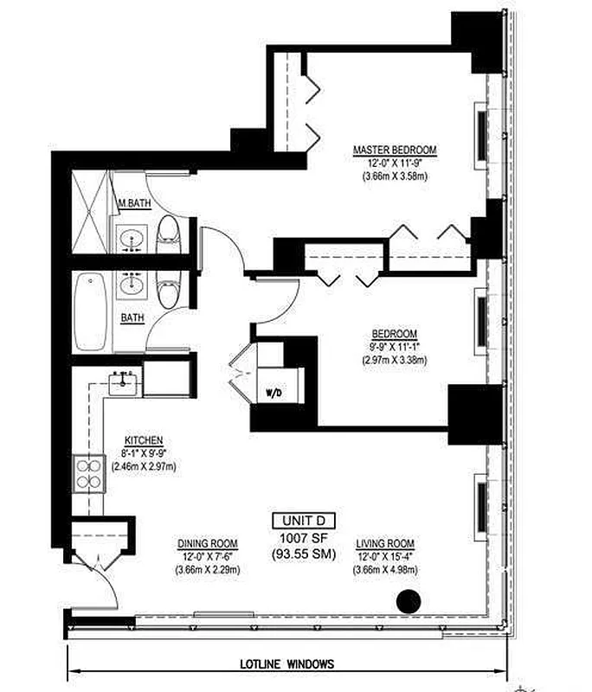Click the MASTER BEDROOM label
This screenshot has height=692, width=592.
pyautogui.click(x=395, y=151)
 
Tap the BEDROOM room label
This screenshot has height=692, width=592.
pyautogui.click(x=395, y=334)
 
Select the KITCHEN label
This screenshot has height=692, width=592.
pyautogui.click(x=144, y=439)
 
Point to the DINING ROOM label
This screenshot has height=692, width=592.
pyautogui.click(x=202, y=544)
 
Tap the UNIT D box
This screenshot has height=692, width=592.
pyautogui.click(x=303, y=521)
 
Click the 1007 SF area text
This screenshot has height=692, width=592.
pyautogui.click(x=303, y=537)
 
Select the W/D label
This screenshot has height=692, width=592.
pyautogui.click(x=273, y=394)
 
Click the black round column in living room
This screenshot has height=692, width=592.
pyautogui.click(x=408, y=600)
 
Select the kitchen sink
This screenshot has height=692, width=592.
pyautogui.click(x=124, y=381)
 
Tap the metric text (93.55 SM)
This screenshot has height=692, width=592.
pyautogui.click(x=303, y=554)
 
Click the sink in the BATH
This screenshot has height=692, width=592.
pyautogui.click(x=132, y=285)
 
